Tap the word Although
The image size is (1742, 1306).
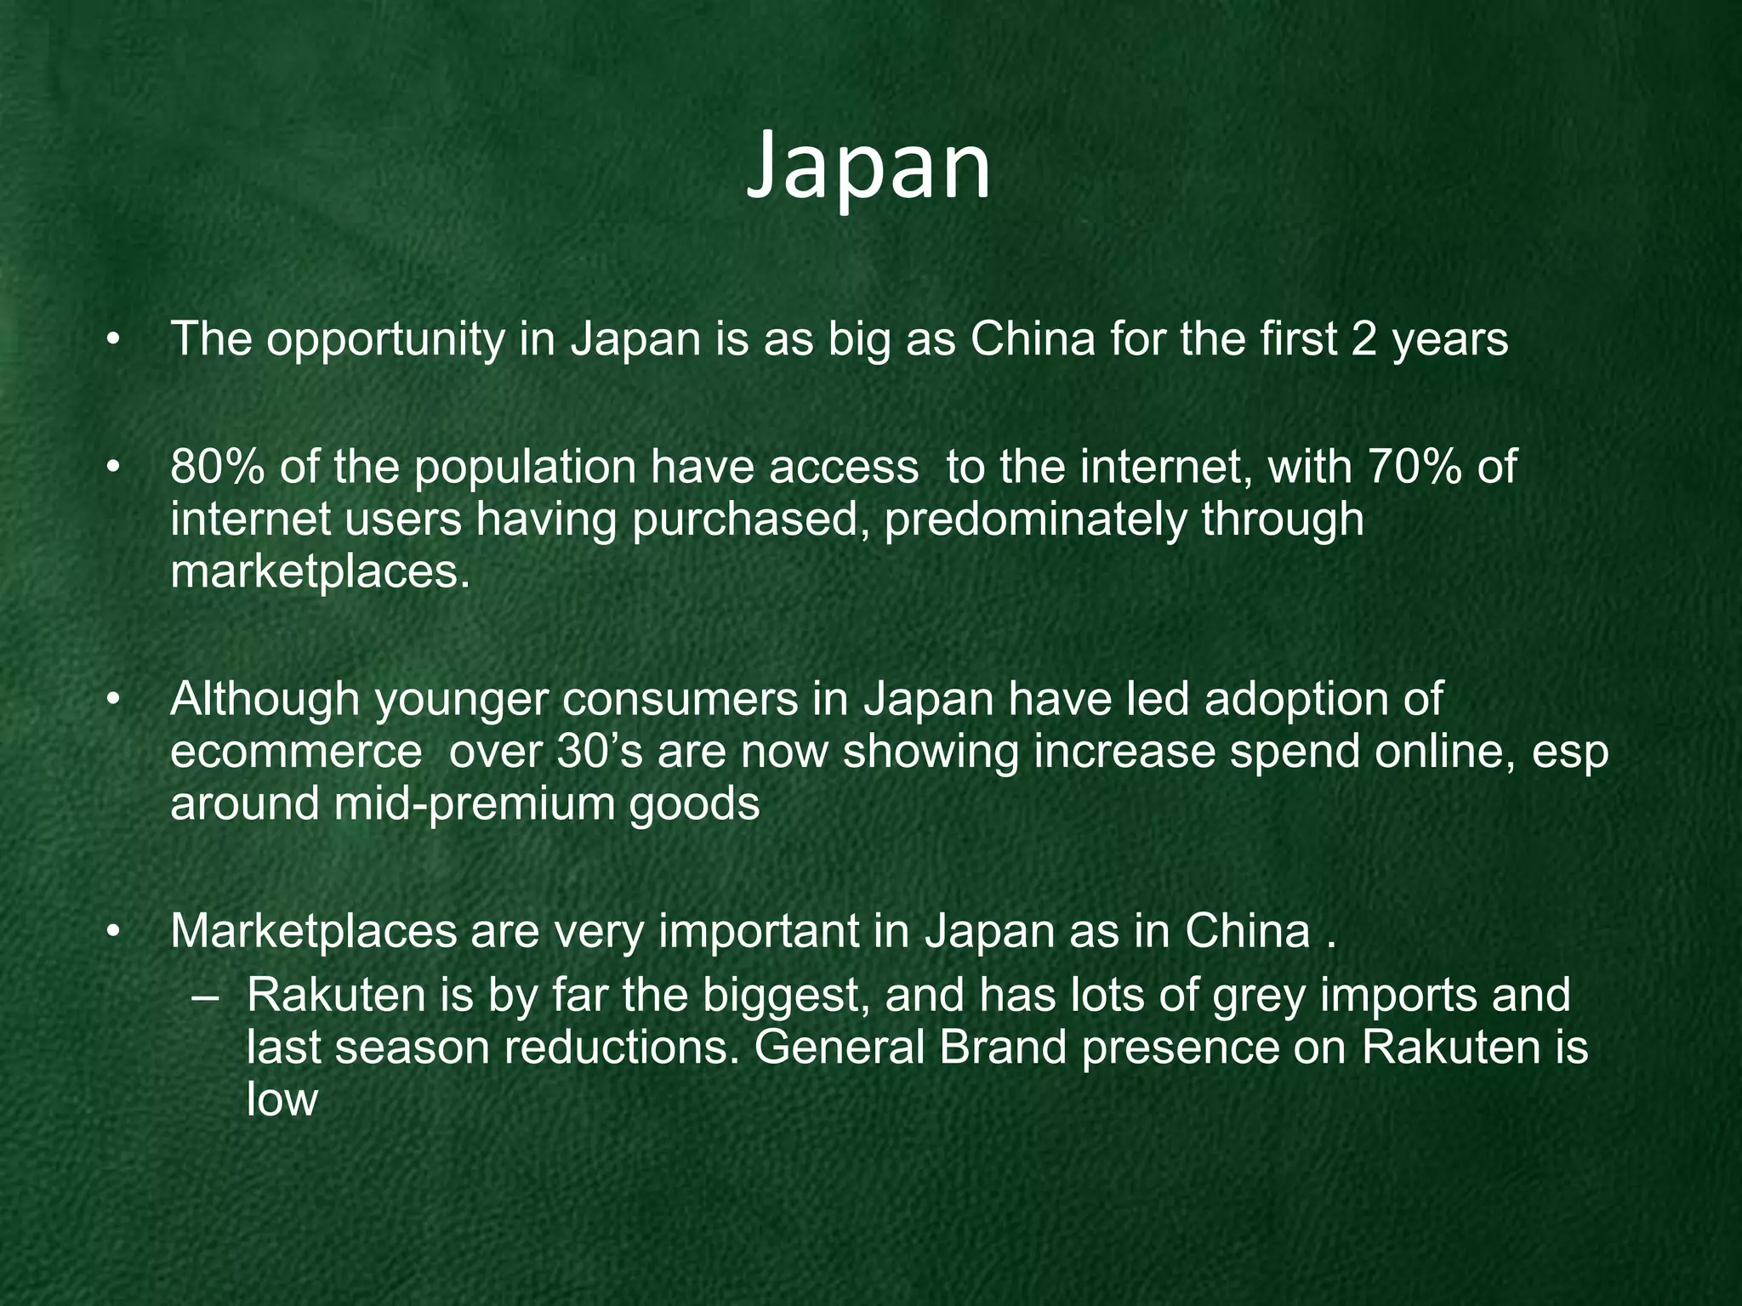click(265, 701)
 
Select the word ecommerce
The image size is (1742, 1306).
click(296, 752)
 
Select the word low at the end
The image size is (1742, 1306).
click(282, 1100)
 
